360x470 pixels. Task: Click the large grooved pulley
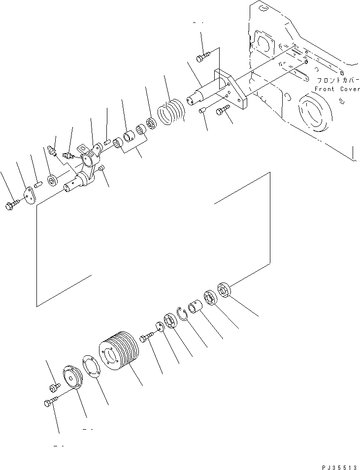[x=120, y=353]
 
